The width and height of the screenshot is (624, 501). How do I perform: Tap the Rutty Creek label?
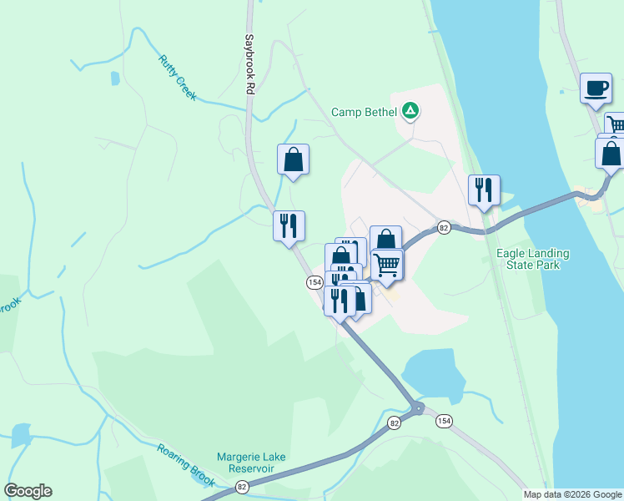[x=177, y=78]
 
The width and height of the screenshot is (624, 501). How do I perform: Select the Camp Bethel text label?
[x=365, y=111]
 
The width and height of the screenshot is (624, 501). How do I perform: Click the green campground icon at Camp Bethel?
[x=410, y=110]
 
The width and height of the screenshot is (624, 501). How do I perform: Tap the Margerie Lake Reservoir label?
[x=245, y=463]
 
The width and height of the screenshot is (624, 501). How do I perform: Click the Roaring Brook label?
[x=186, y=463]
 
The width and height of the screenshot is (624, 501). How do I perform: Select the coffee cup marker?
[x=596, y=88]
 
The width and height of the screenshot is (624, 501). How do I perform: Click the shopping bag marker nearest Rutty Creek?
[x=293, y=159]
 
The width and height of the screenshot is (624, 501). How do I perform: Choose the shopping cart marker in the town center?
[x=386, y=264]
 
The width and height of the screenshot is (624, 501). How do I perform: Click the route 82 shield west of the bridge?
[x=444, y=228]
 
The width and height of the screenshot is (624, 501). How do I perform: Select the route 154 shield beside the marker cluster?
[x=314, y=282]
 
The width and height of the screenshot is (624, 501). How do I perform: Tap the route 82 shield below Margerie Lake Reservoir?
[x=242, y=486]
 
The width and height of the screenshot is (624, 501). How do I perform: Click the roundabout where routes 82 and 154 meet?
[x=416, y=408]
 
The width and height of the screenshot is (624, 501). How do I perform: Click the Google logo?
[x=28, y=491]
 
